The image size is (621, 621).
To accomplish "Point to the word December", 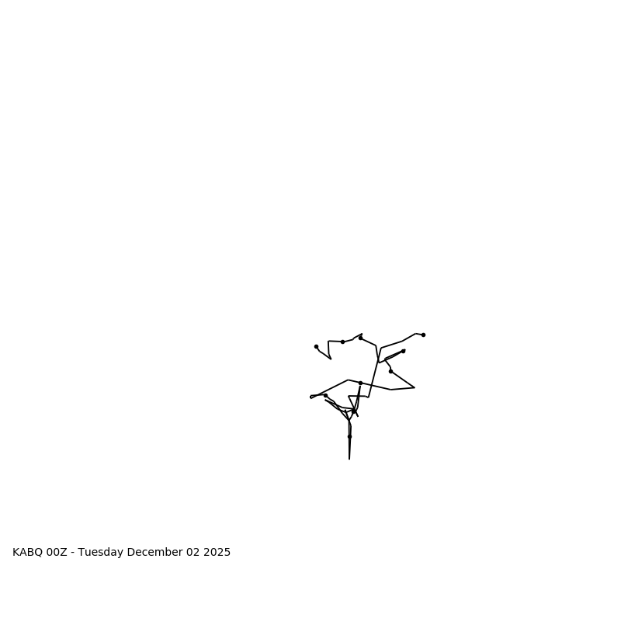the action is (x=154, y=553).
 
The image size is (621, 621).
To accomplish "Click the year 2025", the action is (x=217, y=553).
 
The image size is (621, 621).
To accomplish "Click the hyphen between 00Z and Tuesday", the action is (x=72, y=553).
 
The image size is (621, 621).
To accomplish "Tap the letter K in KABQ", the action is (x=16, y=553).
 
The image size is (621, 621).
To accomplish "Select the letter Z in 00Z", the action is (x=64, y=553).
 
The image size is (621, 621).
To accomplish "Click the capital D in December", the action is (x=131, y=553).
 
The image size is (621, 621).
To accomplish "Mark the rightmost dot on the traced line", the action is (x=423, y=335).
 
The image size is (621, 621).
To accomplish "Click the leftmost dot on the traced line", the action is (x=316, y=346).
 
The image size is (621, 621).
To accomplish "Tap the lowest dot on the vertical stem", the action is (x=349, y=436).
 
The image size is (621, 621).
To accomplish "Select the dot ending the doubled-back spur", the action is (x=403, y=351).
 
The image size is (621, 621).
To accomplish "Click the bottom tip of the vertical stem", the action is (x=349, y=459).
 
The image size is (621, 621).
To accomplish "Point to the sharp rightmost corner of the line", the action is (x=415, y=387).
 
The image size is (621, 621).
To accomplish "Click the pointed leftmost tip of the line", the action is (x=310, y=397).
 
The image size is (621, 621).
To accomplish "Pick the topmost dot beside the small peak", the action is (x=360, y=338).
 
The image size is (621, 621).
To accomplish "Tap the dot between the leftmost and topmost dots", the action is (x=342, y=342).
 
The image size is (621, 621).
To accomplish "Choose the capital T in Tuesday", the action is (x=81, y=553).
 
